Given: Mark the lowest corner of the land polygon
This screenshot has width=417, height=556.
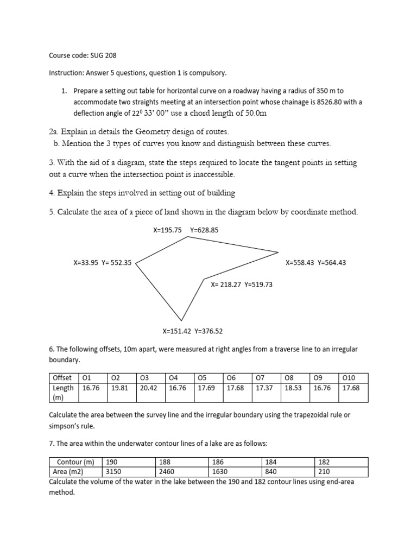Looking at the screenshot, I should pyautogui.click(x=181, y=320).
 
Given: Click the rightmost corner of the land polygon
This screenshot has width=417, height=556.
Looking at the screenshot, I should pyautogui.click(x=279, y=252).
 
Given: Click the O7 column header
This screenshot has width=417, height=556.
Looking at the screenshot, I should pyautogui.click(x=261, y=378).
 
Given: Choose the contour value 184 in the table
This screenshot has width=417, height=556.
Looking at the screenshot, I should pyautogui.click(x=270, y=462).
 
